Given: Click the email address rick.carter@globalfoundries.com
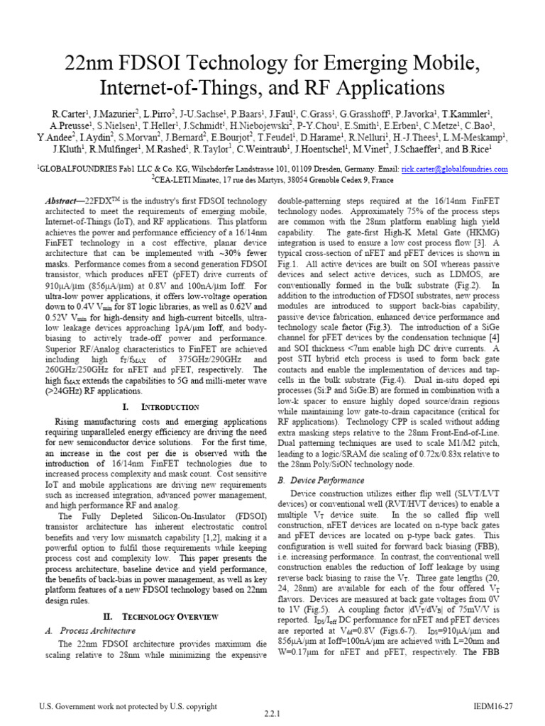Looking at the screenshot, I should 454,169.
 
